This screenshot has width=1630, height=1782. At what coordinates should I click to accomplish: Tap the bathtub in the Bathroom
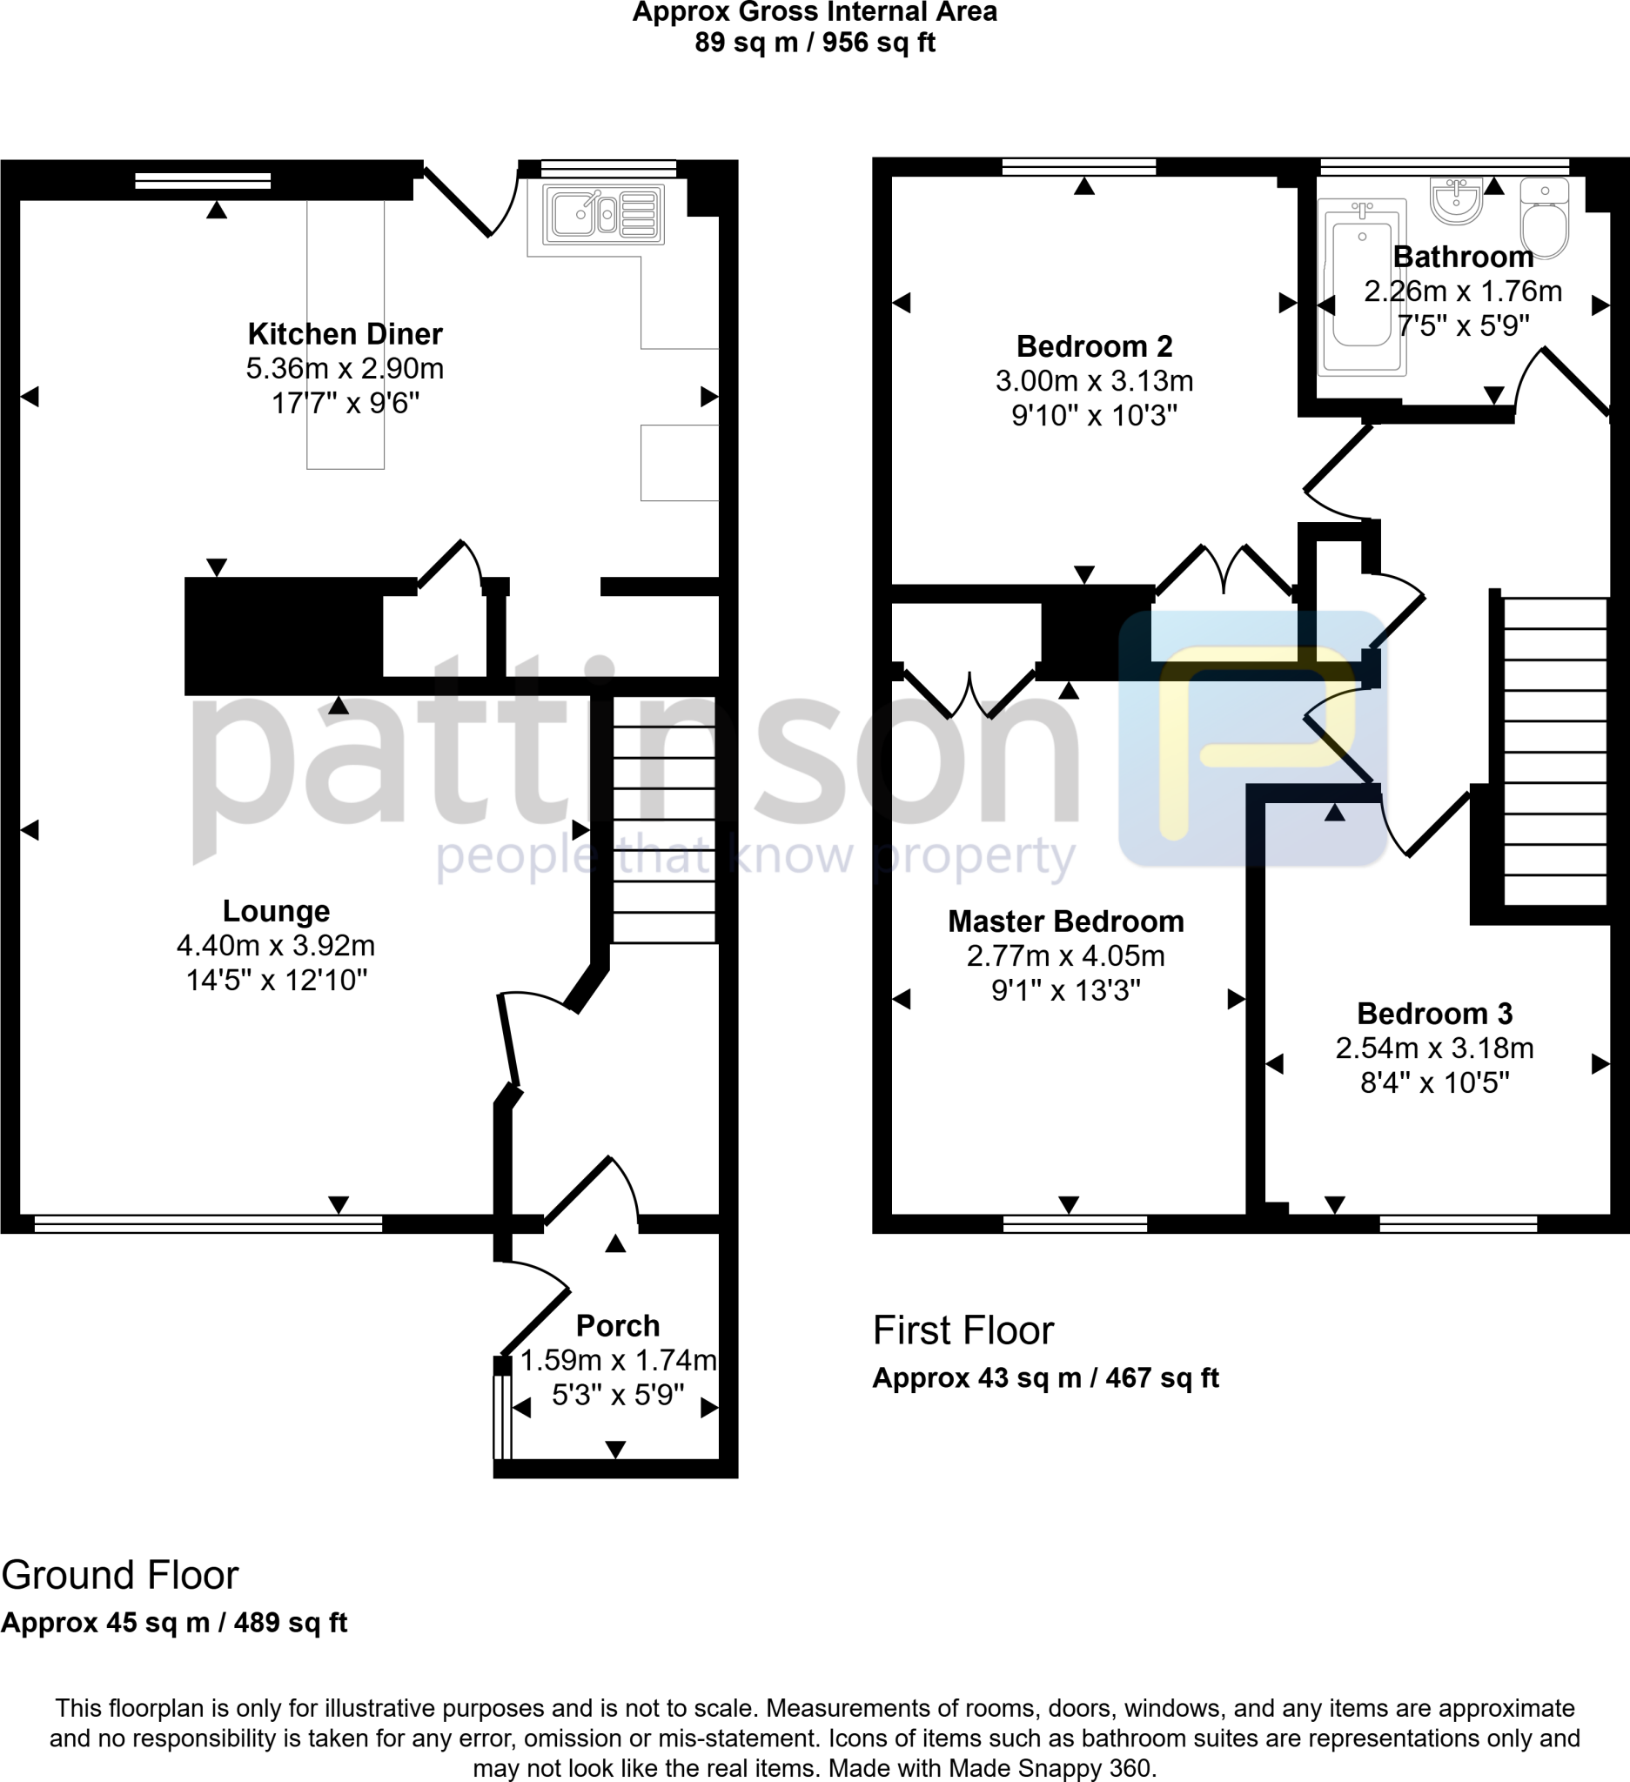pyautogui.click(x=1362, y=285)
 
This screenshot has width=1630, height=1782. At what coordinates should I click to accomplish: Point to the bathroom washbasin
pyautogui.click(x=1456, y=202)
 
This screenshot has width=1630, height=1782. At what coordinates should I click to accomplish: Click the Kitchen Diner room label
pyautogui.click(x=345, y=334)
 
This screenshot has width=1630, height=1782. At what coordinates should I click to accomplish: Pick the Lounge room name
pyautogui.click(x=276, y=911)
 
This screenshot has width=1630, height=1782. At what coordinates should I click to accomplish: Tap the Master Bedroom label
pyautogui.click(x=1065, y=922)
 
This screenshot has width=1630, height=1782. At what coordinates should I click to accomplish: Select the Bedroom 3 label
pyautogui.click(x=1434, y=1014)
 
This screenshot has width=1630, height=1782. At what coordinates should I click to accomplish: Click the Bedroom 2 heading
pyautogui.click(x=1094, y=346)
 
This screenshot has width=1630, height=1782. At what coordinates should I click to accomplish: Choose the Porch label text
pyautogui.click(x=618, y=1326)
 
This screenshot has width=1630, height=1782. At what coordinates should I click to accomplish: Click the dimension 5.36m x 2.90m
pyautogui.click(x=345, y=369)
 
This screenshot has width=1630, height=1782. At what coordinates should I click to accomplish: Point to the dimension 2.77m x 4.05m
pyautogui.click(x=1065, y=956)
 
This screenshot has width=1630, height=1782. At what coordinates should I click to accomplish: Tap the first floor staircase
pyautogui.click(x=1554, y=751)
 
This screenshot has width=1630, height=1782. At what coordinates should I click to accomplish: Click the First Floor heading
pyautogui.click(x=963, y=1331)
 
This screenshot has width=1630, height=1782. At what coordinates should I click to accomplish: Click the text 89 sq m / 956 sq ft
pyautogui.click(x=814, y=43)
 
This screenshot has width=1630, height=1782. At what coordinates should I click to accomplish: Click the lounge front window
pyautogui.click(x=208, y=1224)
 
